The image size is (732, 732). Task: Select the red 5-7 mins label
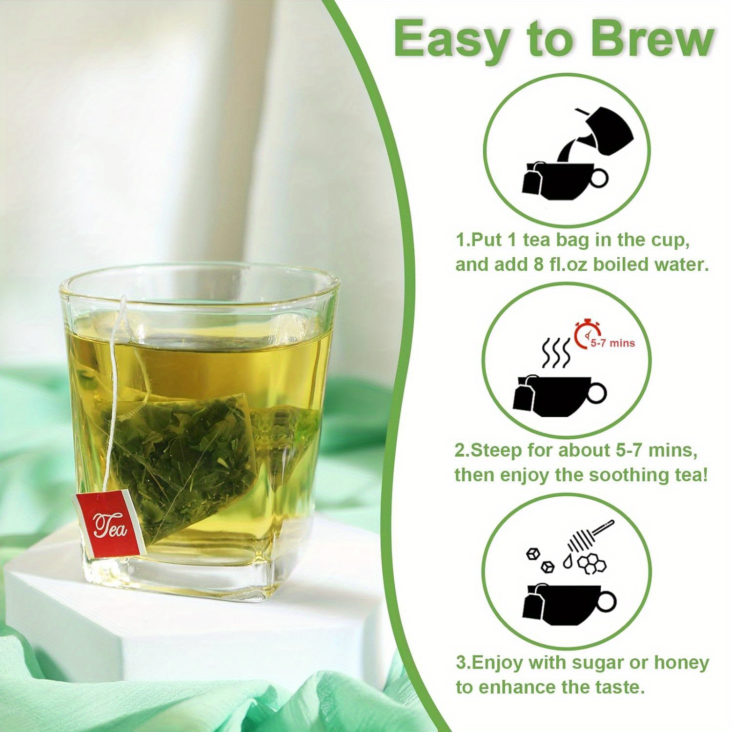click(x=612, y=343)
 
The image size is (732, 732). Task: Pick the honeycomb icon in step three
click(x=592, y=563)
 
